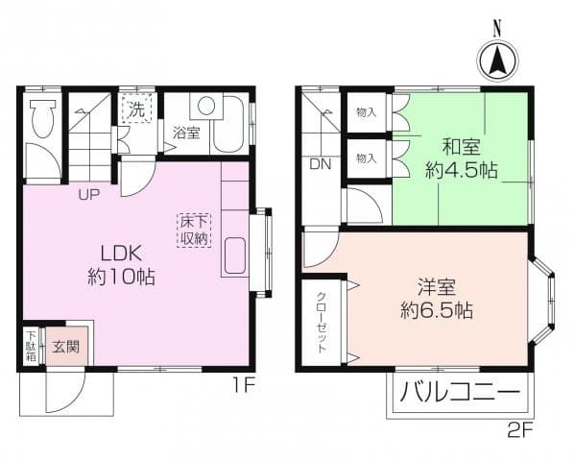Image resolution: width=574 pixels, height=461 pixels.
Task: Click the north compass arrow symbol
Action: click(497, 63)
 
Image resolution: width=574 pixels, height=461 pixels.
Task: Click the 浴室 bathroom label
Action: click(186, 133)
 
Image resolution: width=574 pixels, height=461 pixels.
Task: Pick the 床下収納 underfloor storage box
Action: click(194, 230)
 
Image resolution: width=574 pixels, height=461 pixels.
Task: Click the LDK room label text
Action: click(123, 254)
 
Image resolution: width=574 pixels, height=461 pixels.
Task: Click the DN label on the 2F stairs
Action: click(320, 163)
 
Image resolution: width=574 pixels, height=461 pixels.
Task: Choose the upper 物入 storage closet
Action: click(367, 112)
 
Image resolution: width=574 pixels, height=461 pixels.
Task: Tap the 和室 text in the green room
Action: click(461, 147)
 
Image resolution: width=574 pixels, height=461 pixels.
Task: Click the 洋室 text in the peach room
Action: click(436, 286)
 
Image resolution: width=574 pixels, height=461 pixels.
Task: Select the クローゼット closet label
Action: click(321, 322)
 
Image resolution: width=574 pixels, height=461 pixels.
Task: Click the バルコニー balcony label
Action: click(460, 394)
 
